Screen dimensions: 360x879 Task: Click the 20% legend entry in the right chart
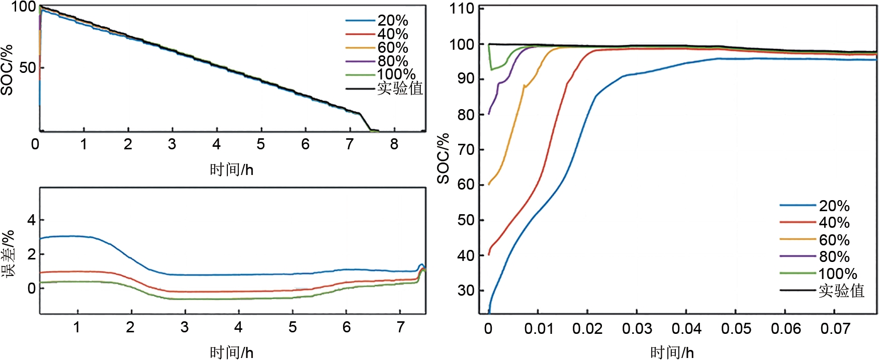coord(834,206)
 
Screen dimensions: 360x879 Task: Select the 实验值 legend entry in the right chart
coord(841,291)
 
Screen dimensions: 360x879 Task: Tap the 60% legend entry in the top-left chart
coord(392,48)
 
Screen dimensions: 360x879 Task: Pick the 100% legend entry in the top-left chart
coord(396,74)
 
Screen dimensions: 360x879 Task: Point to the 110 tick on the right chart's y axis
coord(462,9)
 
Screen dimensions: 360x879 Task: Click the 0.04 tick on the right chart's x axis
coord(686,329)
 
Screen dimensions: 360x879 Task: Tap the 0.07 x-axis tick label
coord(835,329)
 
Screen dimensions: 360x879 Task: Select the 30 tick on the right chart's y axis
coord(466,291)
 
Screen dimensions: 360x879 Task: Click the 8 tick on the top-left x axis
coord(394,145)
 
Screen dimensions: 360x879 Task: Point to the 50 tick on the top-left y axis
coord(28,68)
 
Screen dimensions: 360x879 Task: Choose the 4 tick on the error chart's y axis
coord(31,220)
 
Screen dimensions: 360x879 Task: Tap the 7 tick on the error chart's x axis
coord(400,328)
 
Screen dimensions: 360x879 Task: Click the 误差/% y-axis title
coord(8,254)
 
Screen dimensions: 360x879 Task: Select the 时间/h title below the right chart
coord(672,352)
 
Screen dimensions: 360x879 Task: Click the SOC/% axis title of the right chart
coord(443,159)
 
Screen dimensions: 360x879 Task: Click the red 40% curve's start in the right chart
coord(489,254)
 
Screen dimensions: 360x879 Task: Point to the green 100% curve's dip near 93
coord(492,69)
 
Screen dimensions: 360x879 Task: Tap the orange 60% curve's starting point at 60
coord(489,185)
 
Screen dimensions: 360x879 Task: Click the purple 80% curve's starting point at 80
coord(489,114)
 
